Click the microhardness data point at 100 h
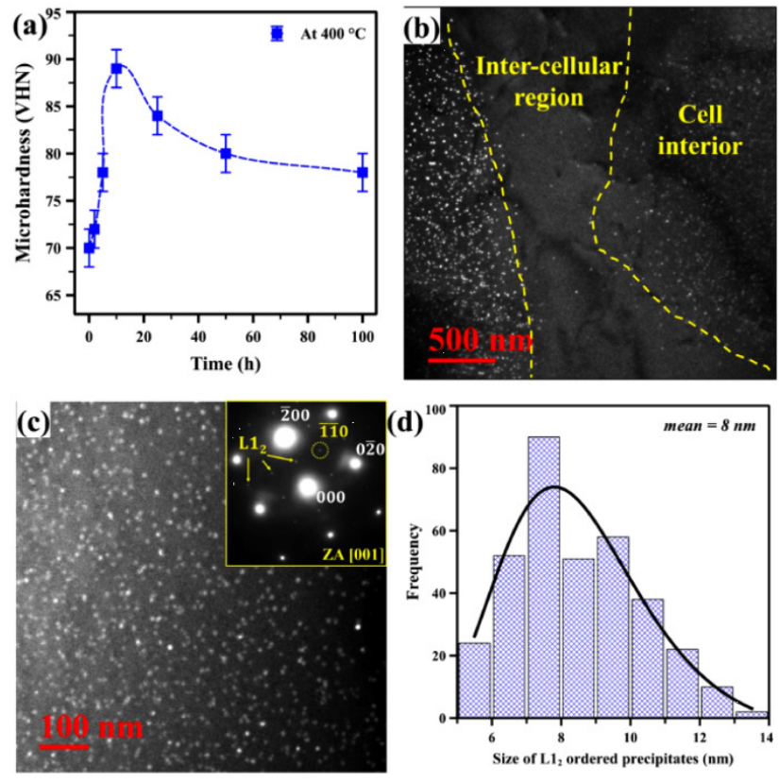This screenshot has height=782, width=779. point(362,173)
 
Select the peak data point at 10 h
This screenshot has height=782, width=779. point(116,68)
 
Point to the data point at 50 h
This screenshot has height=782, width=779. point(226,154)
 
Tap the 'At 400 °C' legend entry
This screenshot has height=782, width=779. point(313,33)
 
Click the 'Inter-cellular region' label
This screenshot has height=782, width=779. point(536,81)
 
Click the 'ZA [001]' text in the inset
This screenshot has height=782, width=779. point(351,555)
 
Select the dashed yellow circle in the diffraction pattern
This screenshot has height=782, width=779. point(321,450)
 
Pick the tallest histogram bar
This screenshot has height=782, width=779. point(542,577)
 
